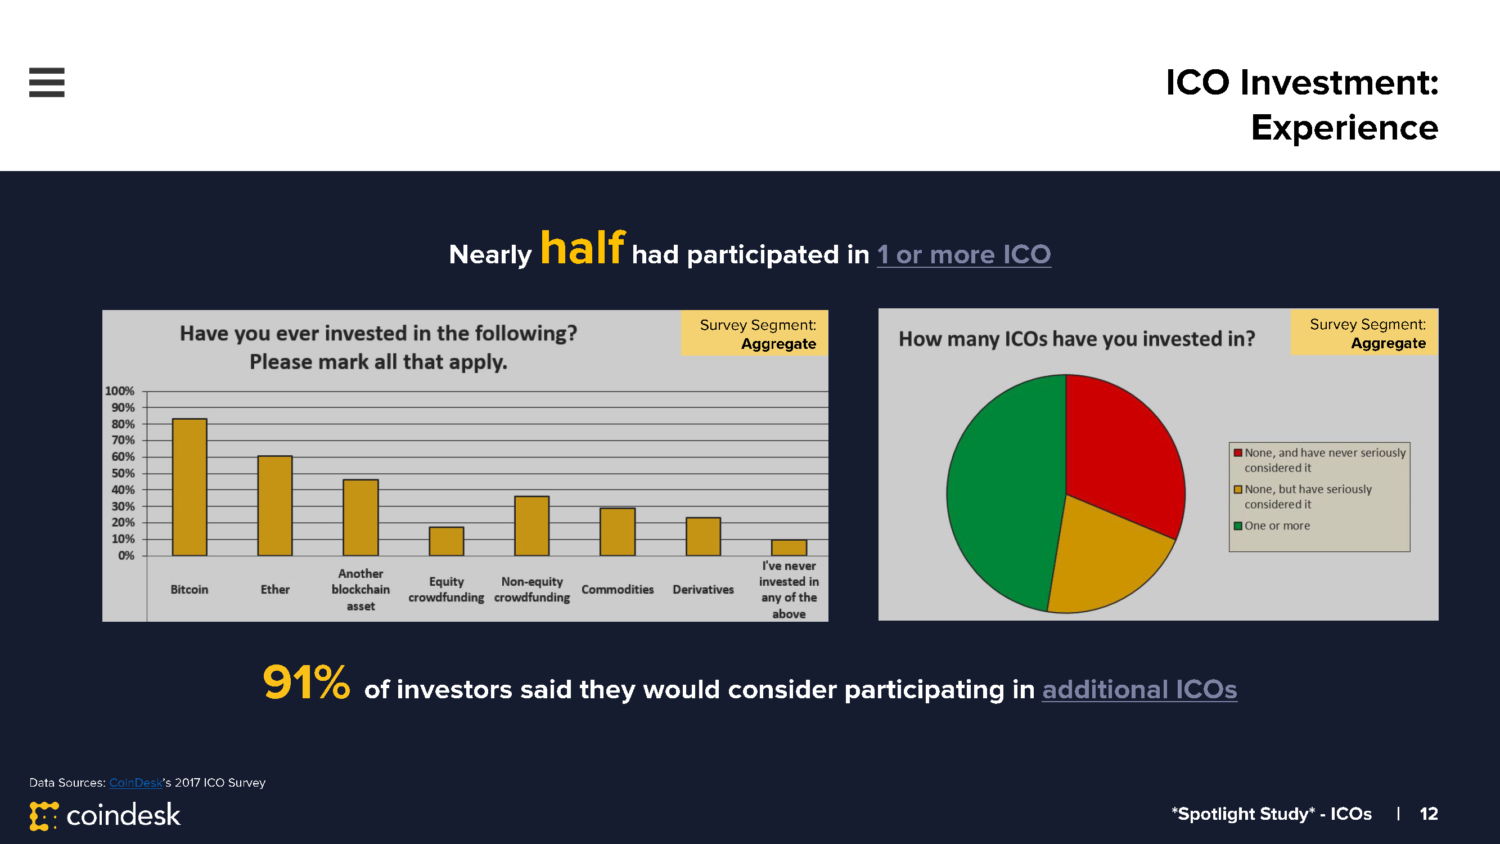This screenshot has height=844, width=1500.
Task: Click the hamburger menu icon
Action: pos(47,82)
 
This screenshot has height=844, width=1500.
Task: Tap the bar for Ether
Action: pos(276,506)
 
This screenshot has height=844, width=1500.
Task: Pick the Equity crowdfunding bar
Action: pos(447,541)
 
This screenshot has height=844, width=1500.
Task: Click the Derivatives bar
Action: pos(704,536)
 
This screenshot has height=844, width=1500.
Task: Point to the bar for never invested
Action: pos(789,547)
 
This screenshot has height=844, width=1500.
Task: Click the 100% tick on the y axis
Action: pos(119,391)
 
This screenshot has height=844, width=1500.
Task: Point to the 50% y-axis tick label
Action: pos(123,473)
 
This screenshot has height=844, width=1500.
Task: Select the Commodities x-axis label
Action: pos(618,590)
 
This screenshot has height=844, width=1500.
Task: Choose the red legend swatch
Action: pos(1238,452)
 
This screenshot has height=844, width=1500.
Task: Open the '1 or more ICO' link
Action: pos(963,254)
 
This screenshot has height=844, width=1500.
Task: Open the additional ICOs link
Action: pos(1139,689)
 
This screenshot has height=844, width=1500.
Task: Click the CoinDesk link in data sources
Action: pos(136,782)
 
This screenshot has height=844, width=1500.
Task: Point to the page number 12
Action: pos(1429,814)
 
